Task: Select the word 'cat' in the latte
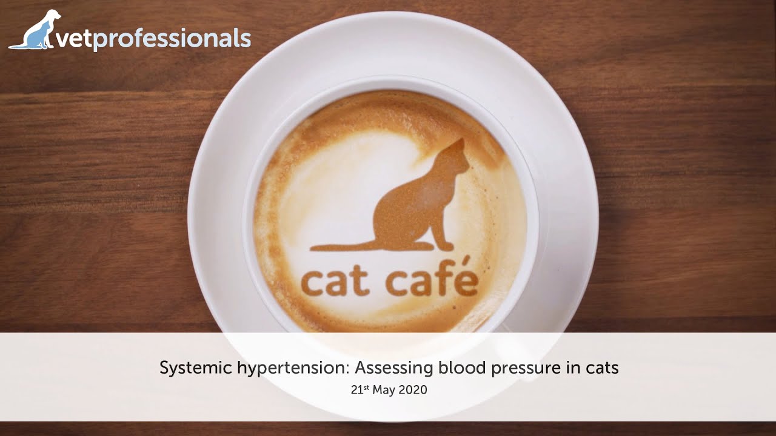(335, 282)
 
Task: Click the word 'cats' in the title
(601, 368)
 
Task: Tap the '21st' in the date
(360, 390)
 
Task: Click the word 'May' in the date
(384, 391)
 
